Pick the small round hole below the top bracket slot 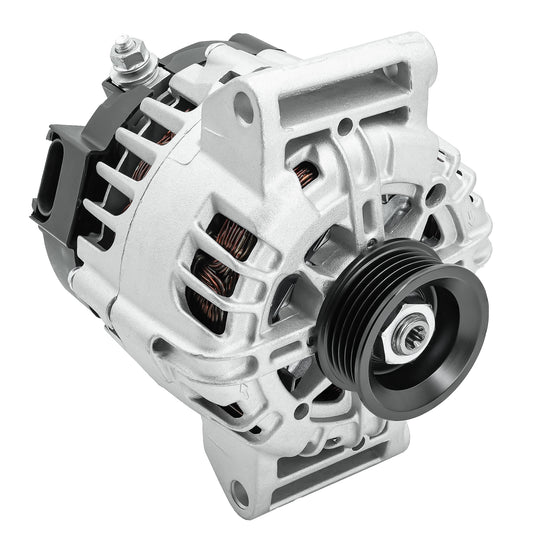click(344, 128)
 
